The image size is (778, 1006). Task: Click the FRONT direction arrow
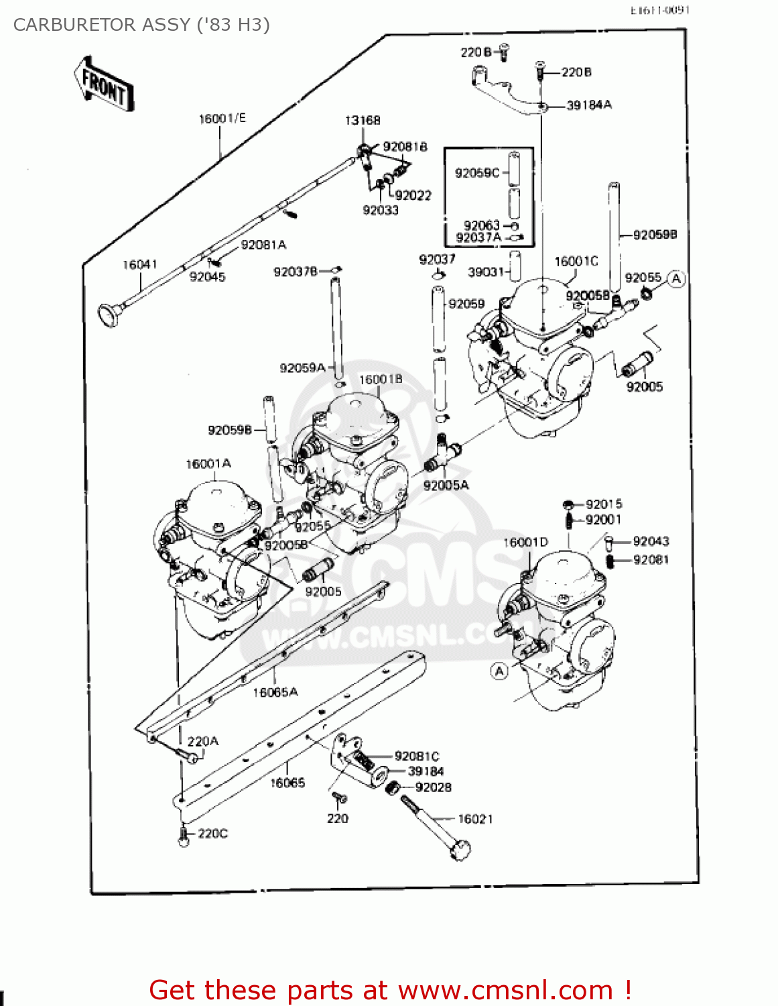(x=104, y=84)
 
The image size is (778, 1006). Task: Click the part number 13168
(x=363, y=121)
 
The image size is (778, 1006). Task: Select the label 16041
(x=139, y=265)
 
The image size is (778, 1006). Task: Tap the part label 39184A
(x=589, y=105)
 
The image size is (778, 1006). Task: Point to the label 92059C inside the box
(x=477, y=173)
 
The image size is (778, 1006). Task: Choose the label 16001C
(x=576, y=262)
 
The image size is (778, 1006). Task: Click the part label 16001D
(x=525, y=543)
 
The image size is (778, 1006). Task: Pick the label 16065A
(x=275, y=692)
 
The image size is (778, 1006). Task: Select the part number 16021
(x=475, y=819)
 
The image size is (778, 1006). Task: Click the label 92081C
(x=417, y=757)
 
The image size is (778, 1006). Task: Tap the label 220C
(x=212, y=834)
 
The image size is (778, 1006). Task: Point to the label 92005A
(x=446, y=485)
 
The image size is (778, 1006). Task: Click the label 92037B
(x=296, y=272)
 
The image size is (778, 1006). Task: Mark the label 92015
(x=604, y=504)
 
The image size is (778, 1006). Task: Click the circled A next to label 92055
(x=677, y=278)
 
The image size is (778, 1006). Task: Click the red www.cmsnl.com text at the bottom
(x=505, y=990)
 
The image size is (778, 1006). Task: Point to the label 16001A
(x=208, y=464)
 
